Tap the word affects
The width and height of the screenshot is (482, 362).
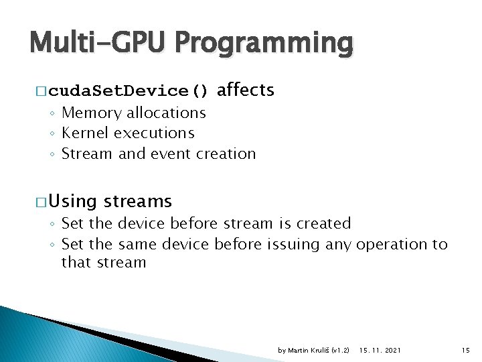coord(246,90)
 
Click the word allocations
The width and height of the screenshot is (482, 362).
coord(166,113)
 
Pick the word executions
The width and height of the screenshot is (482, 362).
coord(154,133)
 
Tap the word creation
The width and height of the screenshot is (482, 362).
coord(226,154)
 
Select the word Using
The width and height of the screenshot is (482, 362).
coord(72,201)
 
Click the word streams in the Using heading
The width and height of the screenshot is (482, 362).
coord(138,201)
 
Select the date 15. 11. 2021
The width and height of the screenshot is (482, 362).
coord(381,351)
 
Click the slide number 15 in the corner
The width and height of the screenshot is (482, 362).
coord(466,351)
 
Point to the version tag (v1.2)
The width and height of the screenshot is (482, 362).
coord(341,351)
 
